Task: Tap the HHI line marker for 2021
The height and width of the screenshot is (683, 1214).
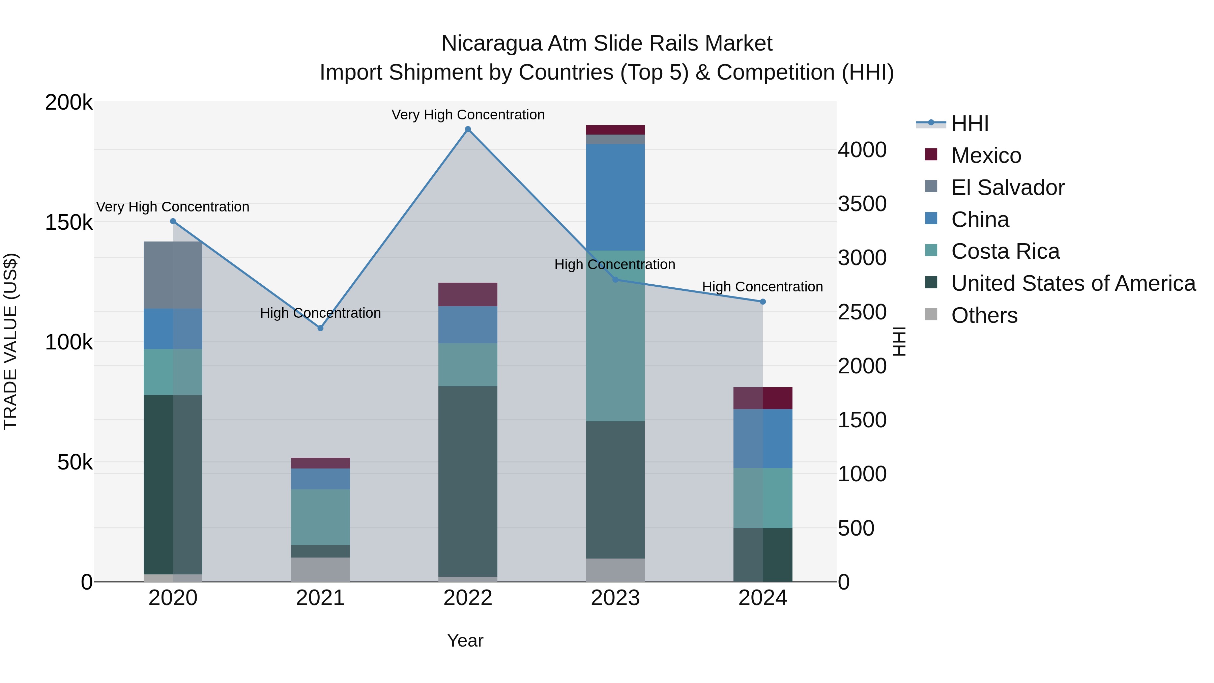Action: [x=320, y=328]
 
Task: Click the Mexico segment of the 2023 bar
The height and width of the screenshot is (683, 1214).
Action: [x=615, y=130]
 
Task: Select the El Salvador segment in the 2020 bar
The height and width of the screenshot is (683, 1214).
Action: [x=173, y=275]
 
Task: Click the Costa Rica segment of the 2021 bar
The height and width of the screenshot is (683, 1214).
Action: [x=320, y=517]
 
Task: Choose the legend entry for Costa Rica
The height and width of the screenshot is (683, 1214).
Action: [x=1005, y=251]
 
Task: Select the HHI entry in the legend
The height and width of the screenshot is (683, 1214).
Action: [x=970, y=123]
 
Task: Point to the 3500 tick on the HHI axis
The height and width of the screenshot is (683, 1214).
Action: [x=862, y=204]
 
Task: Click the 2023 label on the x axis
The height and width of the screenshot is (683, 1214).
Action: [x=615, y=598]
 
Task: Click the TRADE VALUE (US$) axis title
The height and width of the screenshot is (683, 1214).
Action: [x=10, y=341]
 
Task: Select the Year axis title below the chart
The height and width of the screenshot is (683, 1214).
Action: [x=465, y=641]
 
